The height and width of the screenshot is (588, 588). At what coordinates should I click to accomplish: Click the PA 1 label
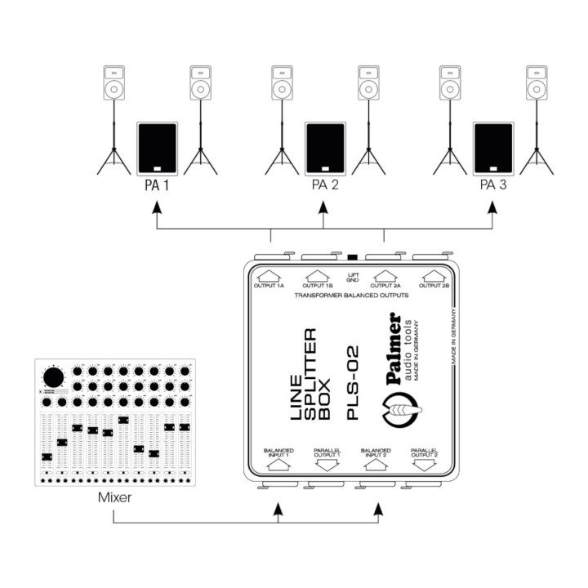click(x=157, y=185)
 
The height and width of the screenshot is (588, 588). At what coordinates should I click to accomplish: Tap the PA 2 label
click(x=325, y=185)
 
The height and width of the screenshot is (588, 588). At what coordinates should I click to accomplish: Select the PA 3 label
click(x=493, y=185)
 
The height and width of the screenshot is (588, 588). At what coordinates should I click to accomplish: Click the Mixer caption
click(x=115, y=497)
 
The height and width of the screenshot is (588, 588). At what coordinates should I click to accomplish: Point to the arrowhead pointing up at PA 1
click(x=157, y=207)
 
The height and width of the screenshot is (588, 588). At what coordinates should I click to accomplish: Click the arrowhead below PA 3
click(x=492, y=207)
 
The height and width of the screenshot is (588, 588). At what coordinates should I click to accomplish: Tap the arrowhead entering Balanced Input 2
click(x=379, y=509)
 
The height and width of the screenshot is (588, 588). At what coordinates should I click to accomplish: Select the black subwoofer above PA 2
click(x=325, y=149)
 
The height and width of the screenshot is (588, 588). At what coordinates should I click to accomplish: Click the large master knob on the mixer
click(x=54, y=377)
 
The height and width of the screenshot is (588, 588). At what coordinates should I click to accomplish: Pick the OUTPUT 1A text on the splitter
click(x=269, y=286)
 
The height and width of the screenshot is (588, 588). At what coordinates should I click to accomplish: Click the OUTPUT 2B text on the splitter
click(x=434, y=286)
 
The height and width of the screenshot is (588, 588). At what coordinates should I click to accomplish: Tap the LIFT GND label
click(x=353, y=278)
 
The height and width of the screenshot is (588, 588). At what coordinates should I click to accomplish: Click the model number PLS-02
click(x=353, y=382)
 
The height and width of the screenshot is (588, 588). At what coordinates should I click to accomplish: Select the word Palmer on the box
click(x=394, y=349)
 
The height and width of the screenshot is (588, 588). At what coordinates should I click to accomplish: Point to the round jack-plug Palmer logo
click(x=400, y=410)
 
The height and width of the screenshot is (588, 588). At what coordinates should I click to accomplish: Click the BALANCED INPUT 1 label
click(x=278, y=452)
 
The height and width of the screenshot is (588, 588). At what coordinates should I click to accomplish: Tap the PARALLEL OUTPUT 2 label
click(x=424, y=452)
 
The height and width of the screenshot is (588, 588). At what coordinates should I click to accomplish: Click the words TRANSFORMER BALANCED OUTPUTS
click(x=351, y=296)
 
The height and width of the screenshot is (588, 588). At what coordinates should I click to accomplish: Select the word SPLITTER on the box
click(x=310, y=374)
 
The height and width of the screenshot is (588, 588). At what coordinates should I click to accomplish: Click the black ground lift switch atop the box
click(x=353, y=257)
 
